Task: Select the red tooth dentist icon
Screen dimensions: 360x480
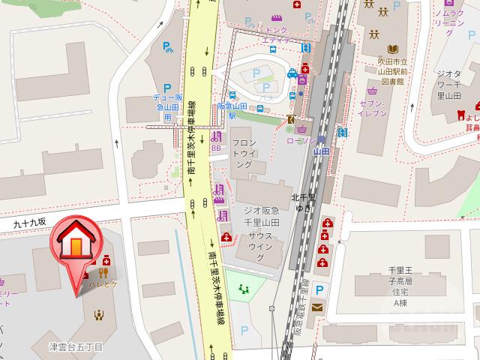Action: coord(451,117)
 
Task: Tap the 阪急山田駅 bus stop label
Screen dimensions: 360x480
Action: coord(227,111)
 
